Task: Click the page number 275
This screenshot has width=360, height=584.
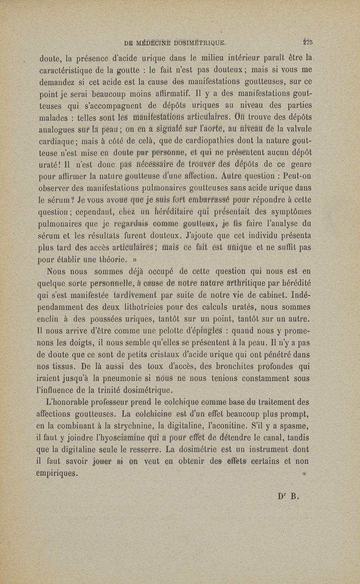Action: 308,43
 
